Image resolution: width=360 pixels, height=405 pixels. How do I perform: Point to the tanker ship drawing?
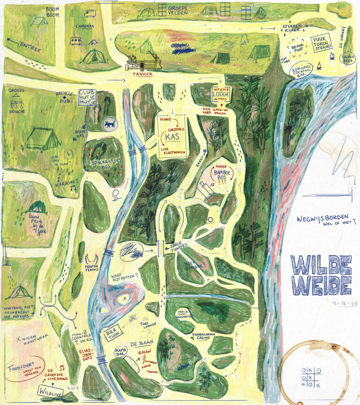pos(142,61)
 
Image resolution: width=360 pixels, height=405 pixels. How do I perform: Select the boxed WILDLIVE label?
pos(51,390)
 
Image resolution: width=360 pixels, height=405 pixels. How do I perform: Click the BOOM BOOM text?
pos(54,12)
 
